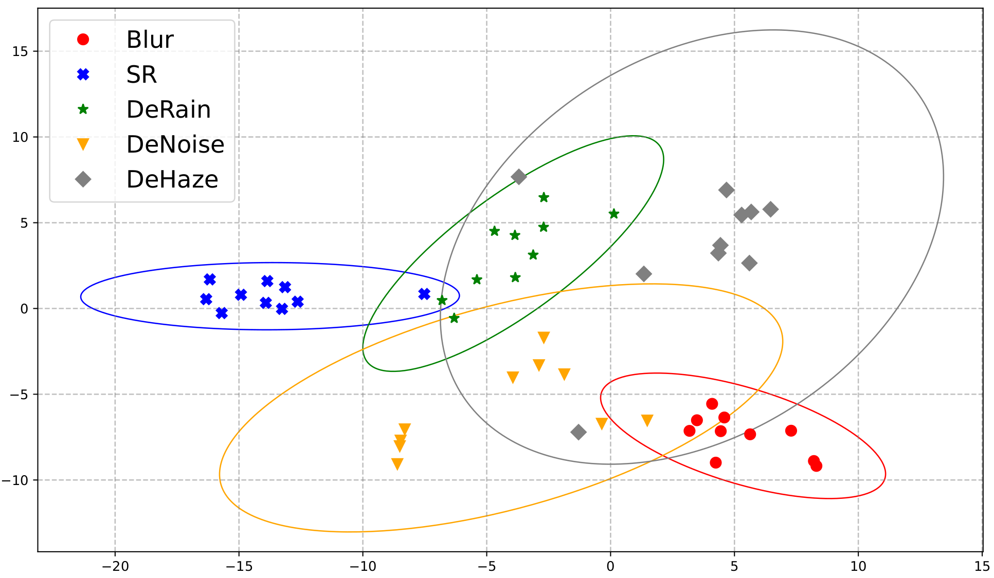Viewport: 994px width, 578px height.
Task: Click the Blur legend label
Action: click(150, 40)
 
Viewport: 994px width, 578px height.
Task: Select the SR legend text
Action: click(141, 74)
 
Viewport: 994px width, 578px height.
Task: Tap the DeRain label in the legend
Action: click(169, 109)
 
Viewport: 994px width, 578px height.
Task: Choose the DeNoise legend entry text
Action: click(175, 144)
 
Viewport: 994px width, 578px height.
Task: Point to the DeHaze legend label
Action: click(172, 179)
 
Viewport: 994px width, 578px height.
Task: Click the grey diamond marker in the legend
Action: click(83, 179)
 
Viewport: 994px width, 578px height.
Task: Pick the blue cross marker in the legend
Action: click(83, 74)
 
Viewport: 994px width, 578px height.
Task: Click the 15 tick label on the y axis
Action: click(21, 51)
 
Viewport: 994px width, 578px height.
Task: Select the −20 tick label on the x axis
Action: click(115, 567)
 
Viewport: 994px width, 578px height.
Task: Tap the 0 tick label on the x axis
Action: click(610, 567)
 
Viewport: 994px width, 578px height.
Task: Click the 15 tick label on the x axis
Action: click(982, 567)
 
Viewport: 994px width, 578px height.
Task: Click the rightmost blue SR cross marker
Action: click(424, 294)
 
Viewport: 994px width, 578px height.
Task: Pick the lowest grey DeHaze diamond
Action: click(579, 432)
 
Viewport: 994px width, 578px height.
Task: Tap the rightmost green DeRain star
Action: click(613, 214)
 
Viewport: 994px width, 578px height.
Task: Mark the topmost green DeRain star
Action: click(544, 197)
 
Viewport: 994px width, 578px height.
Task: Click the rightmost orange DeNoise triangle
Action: click(647, 421)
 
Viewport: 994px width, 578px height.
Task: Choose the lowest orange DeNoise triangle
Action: click(397, 464)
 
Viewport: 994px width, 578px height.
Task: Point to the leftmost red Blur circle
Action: click(690, 431)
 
